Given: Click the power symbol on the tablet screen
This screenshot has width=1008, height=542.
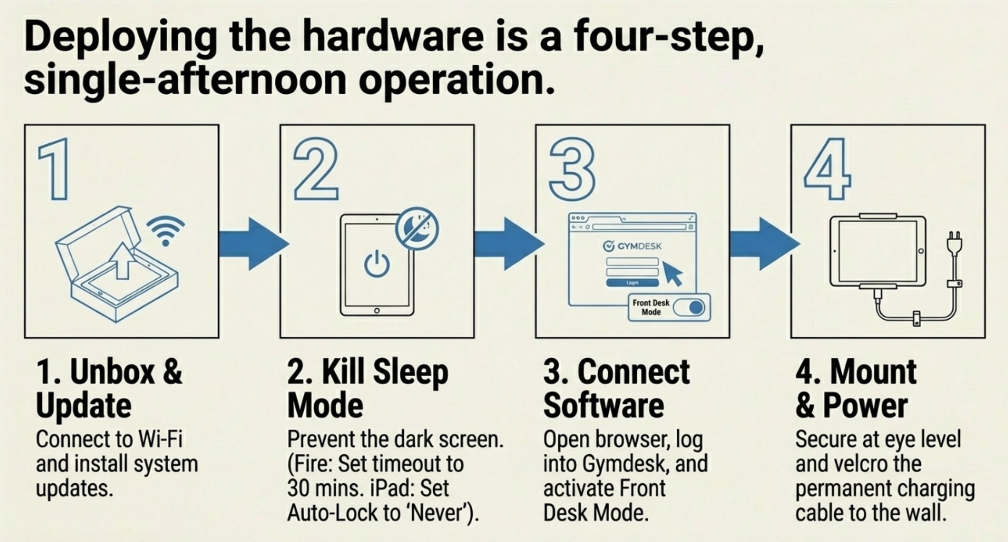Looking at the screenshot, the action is [x=377, y=265].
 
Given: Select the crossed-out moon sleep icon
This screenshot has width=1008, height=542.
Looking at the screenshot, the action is [x=417, y=228].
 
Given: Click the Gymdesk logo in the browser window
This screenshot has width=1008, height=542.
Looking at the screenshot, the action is [x=633, y=246].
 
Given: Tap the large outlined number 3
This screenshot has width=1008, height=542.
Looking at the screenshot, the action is [x=572, y=169].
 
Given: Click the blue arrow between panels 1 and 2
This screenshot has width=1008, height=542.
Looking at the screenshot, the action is [x=254, y=243].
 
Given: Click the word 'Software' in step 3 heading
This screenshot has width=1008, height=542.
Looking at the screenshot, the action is [x=604, y=406].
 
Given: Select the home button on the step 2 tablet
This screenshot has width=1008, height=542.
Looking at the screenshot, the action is [x=377, y=311].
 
